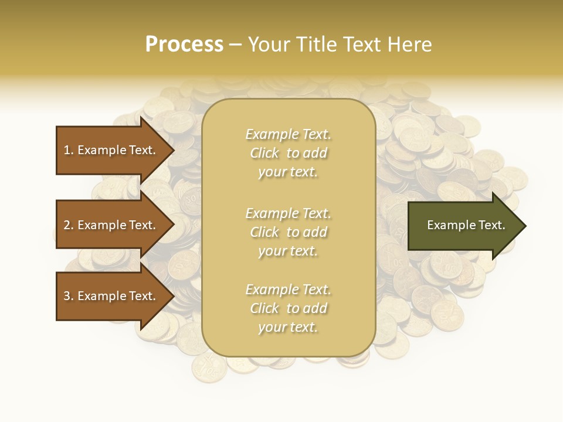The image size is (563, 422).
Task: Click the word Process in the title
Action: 184,45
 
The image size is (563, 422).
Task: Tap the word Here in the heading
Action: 410,45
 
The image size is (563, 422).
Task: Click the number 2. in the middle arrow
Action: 68,225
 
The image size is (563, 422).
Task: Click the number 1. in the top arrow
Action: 68,150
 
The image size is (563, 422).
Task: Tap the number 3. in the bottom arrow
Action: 68,296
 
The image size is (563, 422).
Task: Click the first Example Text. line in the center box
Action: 288,134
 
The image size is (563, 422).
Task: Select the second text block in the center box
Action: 288,232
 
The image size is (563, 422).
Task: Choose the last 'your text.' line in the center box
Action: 288,328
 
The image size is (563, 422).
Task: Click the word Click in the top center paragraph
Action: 264,153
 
